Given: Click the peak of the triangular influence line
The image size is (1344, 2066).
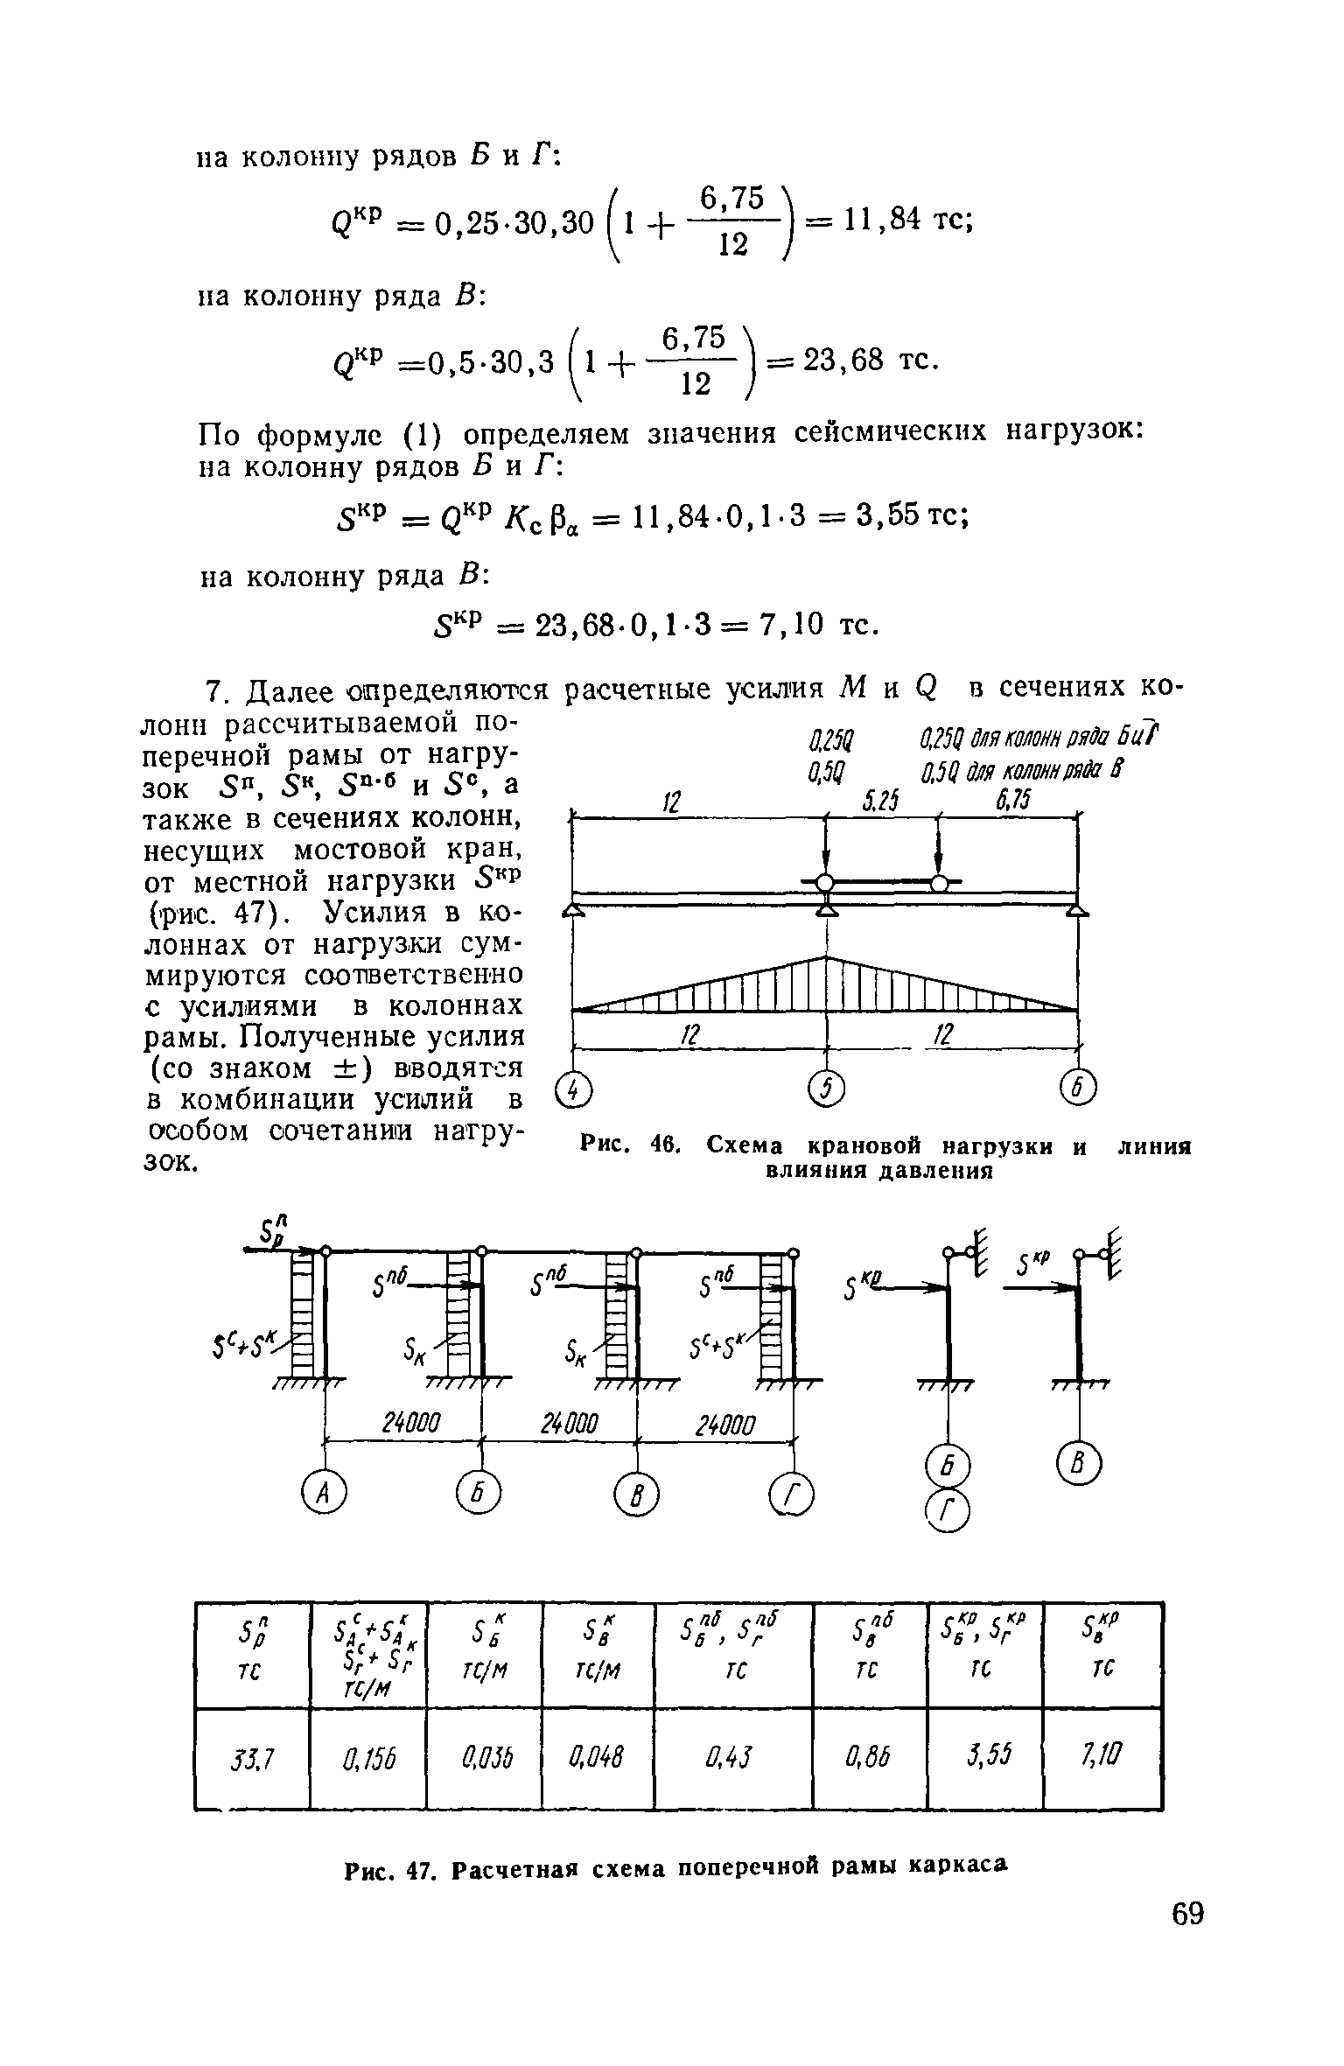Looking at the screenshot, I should pos(826,957).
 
